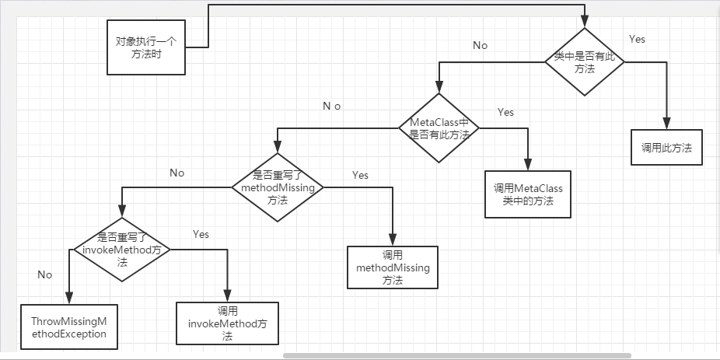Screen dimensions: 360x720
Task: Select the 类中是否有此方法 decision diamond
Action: pos(584,62)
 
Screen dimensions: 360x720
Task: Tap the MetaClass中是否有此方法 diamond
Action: pos(439,128)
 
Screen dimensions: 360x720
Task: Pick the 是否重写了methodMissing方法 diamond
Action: pos(277,187)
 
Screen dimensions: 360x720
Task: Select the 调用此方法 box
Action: pos(666,148)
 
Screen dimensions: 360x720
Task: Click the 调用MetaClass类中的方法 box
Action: pos(527,194)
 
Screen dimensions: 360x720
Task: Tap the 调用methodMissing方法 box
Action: pos(393,267)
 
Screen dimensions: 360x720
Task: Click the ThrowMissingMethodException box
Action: pos(68,327)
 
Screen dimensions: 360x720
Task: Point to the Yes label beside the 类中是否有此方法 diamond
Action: pos(636,39)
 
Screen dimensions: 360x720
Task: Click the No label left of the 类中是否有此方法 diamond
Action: pos(481,45)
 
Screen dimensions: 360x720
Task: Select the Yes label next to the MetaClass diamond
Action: pos(505,112)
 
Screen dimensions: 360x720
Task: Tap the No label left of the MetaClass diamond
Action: pos(332,106)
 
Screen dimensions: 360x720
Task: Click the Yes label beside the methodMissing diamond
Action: pos(360,175)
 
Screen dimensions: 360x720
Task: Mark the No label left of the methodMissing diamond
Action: pos(177,173)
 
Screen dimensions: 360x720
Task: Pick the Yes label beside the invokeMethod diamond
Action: pos(201,234)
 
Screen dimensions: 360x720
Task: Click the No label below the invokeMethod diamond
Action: pos(44,274)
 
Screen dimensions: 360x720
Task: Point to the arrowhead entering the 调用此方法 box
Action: pos(666,124)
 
